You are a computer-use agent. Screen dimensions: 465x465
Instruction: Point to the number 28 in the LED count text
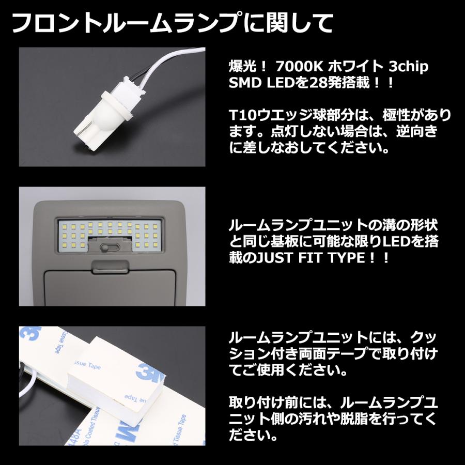coord(321,82)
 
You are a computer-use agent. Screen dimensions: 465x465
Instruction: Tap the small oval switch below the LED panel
coord(112,247)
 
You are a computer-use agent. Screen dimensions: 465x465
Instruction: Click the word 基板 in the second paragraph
coord(286,241)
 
